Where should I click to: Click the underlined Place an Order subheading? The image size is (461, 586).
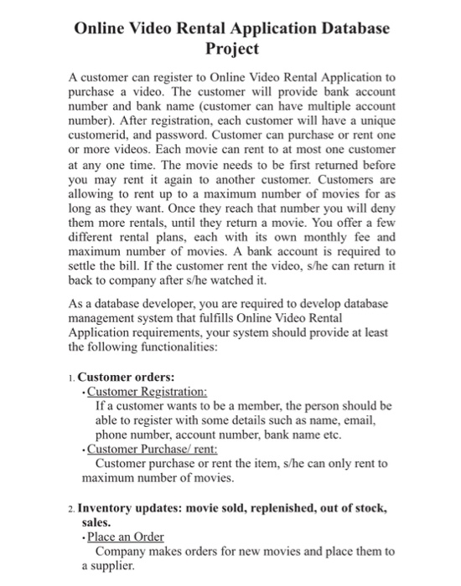(126, 536)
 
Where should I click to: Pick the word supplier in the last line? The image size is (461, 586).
(114, 566)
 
